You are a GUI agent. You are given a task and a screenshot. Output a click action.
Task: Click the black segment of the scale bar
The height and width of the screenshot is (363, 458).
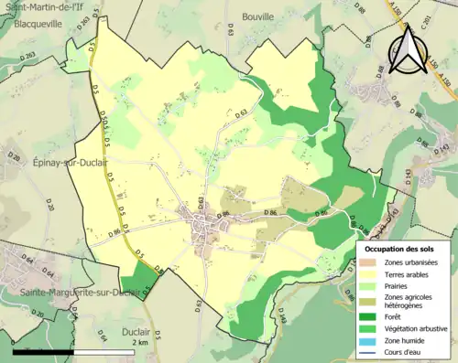click(41, 351)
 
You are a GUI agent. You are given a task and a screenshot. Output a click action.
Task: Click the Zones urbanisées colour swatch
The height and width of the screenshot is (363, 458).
click(372, 262)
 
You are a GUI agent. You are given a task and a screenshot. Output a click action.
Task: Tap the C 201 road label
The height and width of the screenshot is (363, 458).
click(448, 20)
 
